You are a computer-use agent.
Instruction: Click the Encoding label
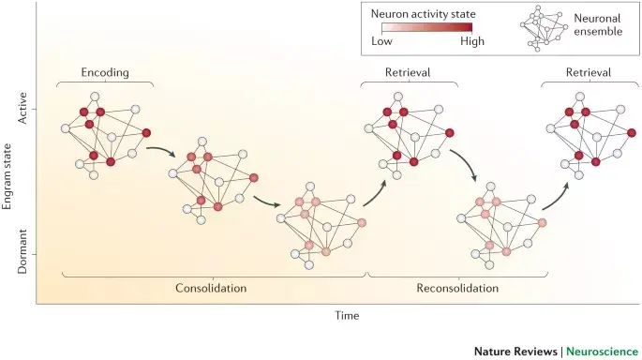pos(105,73)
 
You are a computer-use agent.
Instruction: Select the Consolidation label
pos(211,288)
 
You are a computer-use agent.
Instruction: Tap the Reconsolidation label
pos(457,288)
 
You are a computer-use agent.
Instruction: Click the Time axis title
pos(347,315)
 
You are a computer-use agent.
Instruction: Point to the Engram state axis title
pos(7,176)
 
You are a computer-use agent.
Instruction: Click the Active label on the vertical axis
pos(22,108)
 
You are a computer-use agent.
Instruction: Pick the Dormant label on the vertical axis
pos(22,251)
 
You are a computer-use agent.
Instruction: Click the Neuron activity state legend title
pos(424,14)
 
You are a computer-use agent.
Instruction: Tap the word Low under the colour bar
pos(381,41)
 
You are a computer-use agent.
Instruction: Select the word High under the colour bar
pos(472,41)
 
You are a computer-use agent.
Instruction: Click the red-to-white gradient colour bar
pos(427,28)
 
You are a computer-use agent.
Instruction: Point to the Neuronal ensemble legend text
pos(598,24)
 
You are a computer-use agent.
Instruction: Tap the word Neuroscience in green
pos(602,352)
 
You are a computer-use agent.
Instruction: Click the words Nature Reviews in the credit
pos(515,352)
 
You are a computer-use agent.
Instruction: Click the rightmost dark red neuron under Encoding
pos(146,133)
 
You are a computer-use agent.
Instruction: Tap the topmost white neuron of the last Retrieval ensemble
pos(580,97)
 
